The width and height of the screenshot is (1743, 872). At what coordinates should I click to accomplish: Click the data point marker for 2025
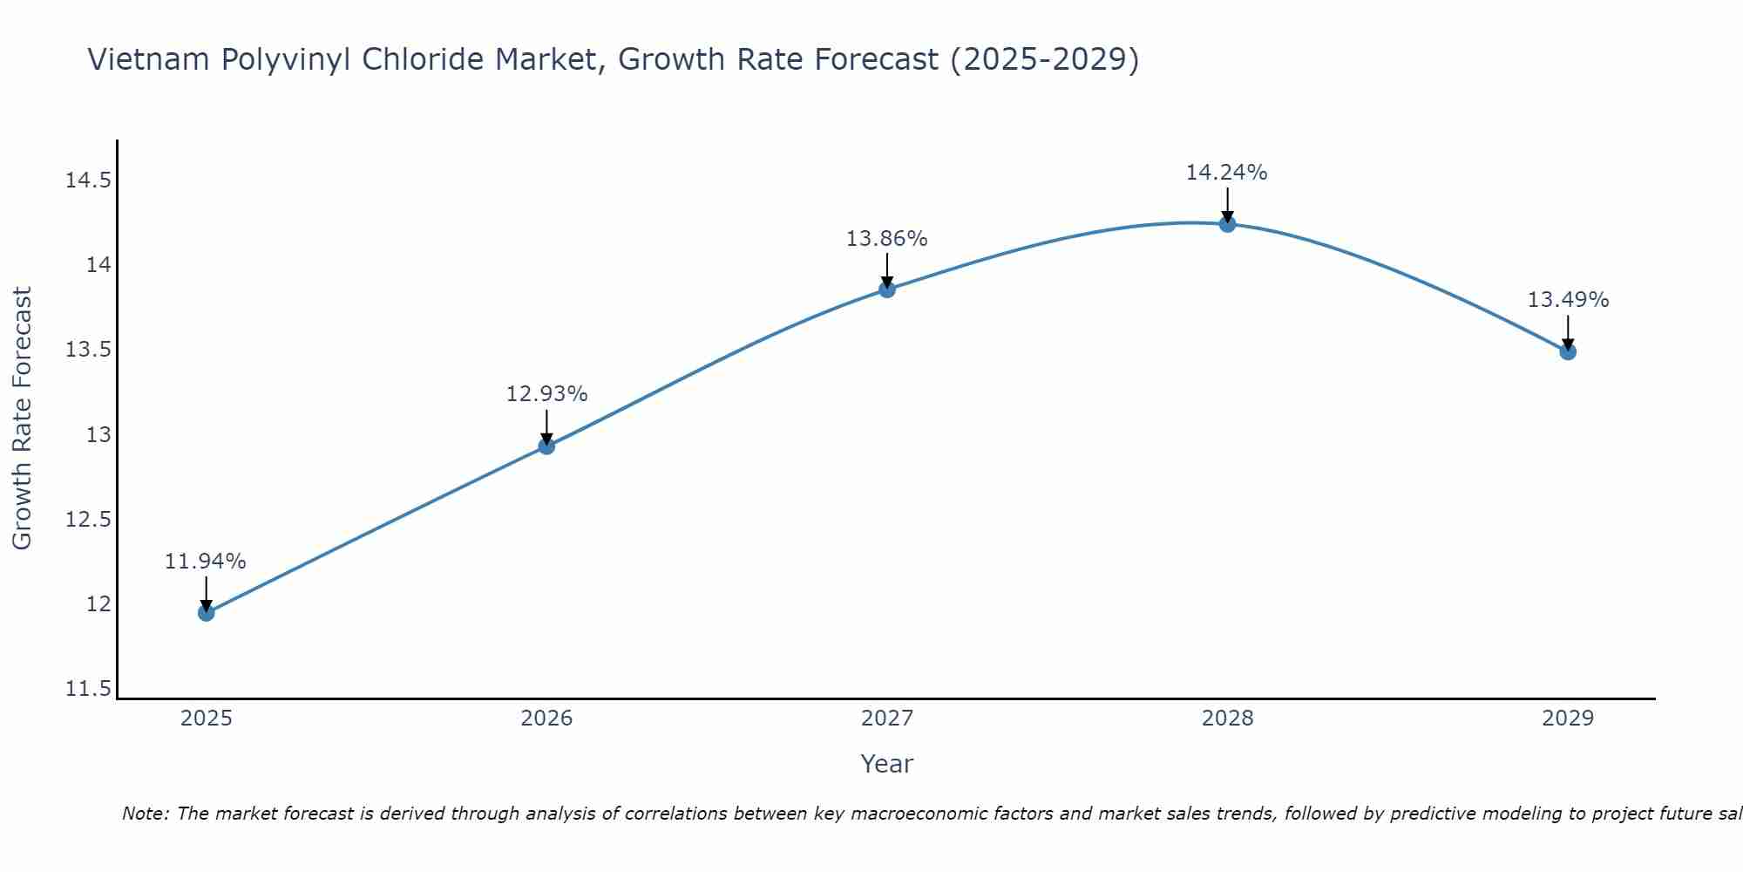[x=206, y=613]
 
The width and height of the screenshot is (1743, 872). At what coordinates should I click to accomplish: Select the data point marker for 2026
[x=546, y=446]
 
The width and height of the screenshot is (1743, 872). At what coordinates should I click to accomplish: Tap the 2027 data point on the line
[x=887, y=290]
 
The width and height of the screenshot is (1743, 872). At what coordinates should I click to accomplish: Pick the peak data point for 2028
[x=1227, y=224]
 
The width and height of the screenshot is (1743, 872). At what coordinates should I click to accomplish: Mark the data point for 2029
[x=1568, y=352]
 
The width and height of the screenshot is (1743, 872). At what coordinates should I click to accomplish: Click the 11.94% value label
[x=206, y=562]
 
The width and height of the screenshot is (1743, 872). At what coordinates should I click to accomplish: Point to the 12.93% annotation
[x=546, y=394]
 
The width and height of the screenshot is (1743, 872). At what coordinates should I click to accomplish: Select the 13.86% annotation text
[x=887, y=239]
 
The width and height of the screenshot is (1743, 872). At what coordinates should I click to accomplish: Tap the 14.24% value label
[x=1226, y=173]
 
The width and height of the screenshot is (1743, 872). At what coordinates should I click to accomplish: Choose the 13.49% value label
[x=1568, y=300]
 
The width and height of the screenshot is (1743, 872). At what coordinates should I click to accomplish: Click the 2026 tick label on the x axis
[x=546, y=719]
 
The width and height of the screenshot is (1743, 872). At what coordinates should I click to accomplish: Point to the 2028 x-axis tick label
[x=1227, y=719]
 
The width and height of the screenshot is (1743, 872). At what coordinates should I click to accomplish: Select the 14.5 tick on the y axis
[x=88, y=181]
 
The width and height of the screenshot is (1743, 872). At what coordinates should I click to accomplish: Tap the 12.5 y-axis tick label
[x=88, y=520]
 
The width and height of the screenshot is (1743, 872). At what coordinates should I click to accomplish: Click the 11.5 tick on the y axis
[x=88, y=690]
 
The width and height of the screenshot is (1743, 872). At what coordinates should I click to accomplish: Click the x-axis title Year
[x=886, y=764]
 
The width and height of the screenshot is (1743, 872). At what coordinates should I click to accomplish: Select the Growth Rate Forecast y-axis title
[x=22, y=419]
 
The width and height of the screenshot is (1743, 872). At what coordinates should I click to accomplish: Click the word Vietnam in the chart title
[x=149, y=60]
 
